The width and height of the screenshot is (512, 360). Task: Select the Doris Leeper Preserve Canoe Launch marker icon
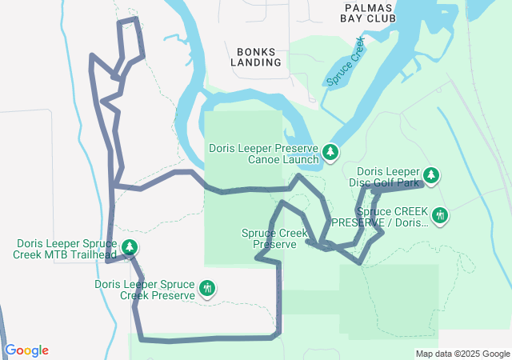[x=330, y=152]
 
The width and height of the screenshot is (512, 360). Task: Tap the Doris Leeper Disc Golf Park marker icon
[x=431, y=175]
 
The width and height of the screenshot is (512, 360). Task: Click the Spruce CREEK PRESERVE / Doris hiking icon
[x=439, y=215]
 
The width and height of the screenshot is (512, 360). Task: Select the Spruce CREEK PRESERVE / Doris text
[x=380, y=217]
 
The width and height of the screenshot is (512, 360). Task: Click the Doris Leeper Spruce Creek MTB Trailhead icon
[x=129, y=248]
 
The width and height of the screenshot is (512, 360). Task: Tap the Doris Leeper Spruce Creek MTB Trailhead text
[x=66, y=250]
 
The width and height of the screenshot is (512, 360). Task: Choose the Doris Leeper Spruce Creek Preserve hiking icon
[x=207, y=288]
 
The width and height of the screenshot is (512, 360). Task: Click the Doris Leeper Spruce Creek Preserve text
[x=145, y=290]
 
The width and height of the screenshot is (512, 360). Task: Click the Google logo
[x=26, y=350]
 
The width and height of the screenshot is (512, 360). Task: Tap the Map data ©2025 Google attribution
[x=462, y=354]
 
